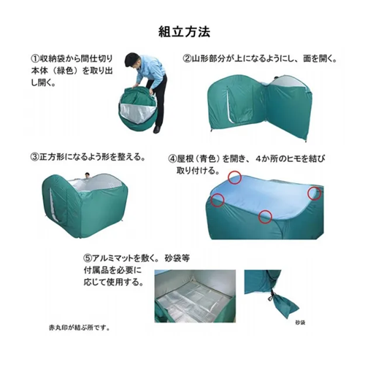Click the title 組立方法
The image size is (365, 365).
[x=184, y=31]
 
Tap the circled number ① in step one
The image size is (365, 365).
[x=36, y=58]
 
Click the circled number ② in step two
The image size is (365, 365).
[x=188, y=58]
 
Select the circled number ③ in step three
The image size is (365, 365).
[x=35, y=157]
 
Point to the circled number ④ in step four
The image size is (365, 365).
[x=172, y=159]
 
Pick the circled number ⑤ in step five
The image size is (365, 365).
[x=88, y=258]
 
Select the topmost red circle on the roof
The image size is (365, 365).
[x=234, y=177]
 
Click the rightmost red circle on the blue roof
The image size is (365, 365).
[x=315, y=193]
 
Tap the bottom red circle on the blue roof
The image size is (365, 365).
[x=265, y=217]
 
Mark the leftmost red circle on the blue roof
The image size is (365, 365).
[x=218, y=200]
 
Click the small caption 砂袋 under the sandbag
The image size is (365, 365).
[x=300, y=323]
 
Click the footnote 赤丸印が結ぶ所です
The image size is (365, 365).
[x=79, y=328]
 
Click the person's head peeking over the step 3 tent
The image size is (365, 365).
[x=87, y=175]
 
